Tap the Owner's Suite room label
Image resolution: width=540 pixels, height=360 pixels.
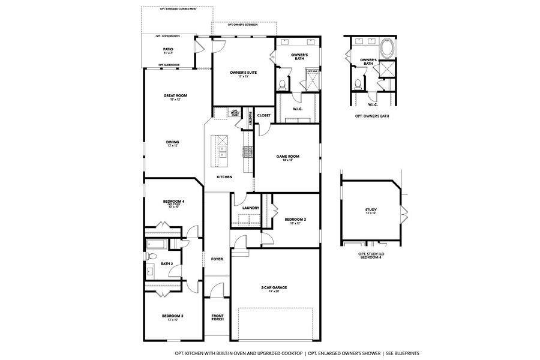click(243, 73)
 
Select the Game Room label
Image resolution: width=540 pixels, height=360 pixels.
click(287, 157)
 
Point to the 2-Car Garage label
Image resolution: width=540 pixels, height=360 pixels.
click(274, 287)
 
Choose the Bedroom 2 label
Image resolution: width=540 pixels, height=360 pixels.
click(295, 220)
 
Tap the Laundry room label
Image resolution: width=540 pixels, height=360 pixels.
click(250, 208)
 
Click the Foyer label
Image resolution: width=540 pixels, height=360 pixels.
click(217, 259)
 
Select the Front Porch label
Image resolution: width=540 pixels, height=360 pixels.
click(217, 317)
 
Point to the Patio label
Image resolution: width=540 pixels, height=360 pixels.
click(169, 49)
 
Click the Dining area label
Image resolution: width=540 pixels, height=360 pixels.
click(173, 142)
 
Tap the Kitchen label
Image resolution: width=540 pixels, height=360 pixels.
click(224, 177)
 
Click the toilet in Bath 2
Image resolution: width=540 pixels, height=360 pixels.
click(149, 256)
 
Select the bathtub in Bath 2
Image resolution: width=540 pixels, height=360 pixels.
click(157, 244)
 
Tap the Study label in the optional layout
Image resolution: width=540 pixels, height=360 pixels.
click(371, 210)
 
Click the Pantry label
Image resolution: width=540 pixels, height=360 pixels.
click(250, 118)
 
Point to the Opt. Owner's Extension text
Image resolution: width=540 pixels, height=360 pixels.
click(243, 25)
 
